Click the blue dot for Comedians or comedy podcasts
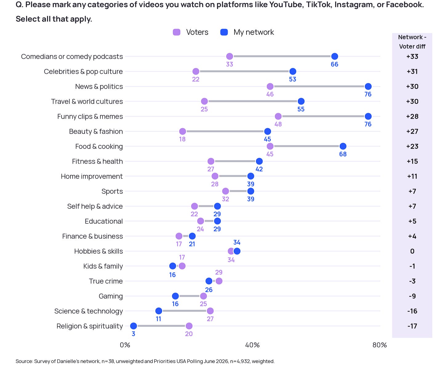tap(334, 57)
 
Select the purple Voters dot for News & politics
tap(270, 86)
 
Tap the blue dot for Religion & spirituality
tap(134, 326)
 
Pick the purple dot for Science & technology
tap(210, 311)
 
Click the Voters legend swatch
tap(177, 32)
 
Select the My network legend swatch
tap(224, 32)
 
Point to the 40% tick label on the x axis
tap(252, 345)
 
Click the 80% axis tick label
tap(379, 345)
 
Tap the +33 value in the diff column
tap(412, 57)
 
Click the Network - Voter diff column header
tap(412, 42)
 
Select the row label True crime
tap(106, 281)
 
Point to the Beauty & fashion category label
tap(96, 131)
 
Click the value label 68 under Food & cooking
tap(343, 154)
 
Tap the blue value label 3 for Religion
tap(134, 334)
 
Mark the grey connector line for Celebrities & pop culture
tap(244, 71)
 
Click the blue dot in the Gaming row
tap(175, 296)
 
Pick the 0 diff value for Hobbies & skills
tap(412, 251)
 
